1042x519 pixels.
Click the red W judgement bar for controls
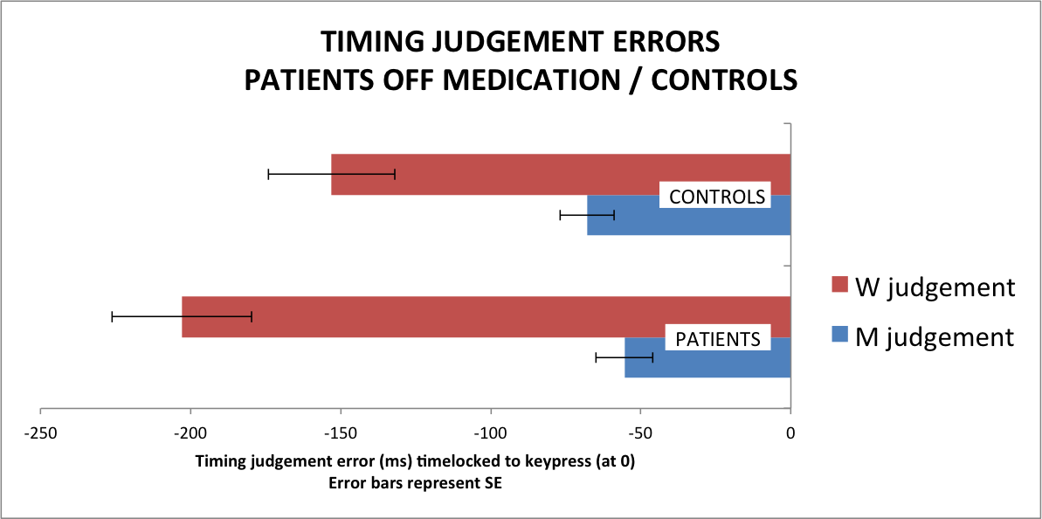[560, 174]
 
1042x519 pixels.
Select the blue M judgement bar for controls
[688, 215]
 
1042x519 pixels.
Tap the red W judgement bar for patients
[486, 317]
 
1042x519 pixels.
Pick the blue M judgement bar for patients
[707, 357]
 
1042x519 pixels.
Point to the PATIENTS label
[718, 338]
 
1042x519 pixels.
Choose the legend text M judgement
[935, 337]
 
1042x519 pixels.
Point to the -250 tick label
[40, 432]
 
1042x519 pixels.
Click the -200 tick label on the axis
[190, 432]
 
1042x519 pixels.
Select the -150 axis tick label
[341, 432]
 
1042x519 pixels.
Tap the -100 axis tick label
[491, 432]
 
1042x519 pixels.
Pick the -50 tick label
[640, 432]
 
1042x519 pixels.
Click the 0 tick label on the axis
[790, 432]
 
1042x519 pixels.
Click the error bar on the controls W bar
[332, 174]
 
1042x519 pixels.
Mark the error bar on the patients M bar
[625, 357]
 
